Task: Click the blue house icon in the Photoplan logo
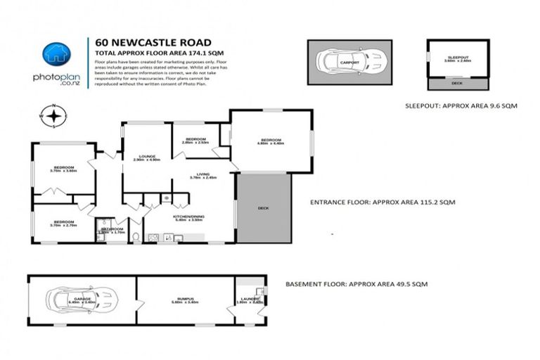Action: (55, 53)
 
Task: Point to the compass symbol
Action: (53, 116)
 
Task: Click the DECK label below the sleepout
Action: (457, 84)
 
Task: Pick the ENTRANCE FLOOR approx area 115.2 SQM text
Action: (382, 202)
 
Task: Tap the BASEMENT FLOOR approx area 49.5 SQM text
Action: (356, 284)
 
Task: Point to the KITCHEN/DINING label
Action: (188, 217)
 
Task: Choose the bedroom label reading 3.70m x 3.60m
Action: (63, 168)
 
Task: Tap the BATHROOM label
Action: (112, 229)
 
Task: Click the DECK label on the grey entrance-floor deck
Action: (264, 208)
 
